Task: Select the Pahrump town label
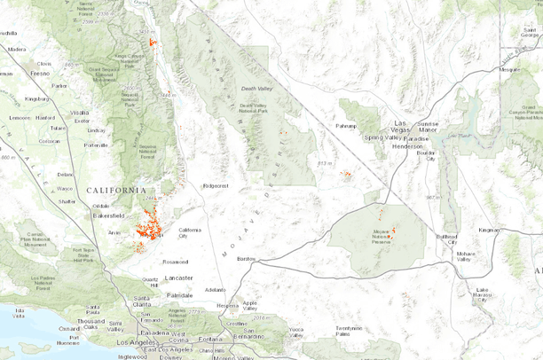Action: click(x=347, y=127)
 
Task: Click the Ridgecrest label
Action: click(x=216, y=186)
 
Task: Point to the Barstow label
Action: click(x=247, y=258)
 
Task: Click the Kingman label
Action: click(x=490, y=230)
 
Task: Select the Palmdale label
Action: click(x=180, y=293)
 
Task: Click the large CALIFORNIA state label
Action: click(x=116, y=190)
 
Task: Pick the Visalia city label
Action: click(x=81, y=113)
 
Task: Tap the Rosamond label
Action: click(x=175, y=262)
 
